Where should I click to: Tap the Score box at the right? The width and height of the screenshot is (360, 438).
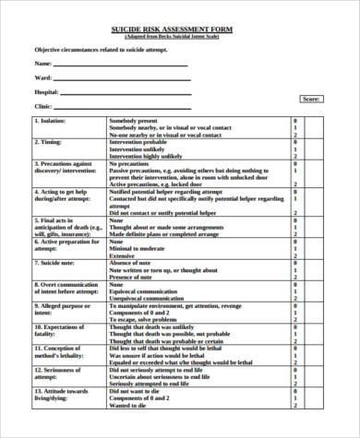[x=311, y=98]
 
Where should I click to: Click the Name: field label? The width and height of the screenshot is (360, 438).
[x=42, y=63]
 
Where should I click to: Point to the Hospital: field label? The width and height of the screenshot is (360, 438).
[x=47, y=92]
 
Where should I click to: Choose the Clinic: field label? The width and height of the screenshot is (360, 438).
[x=43, y=106]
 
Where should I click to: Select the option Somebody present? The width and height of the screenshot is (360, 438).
[x=135, y=120]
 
